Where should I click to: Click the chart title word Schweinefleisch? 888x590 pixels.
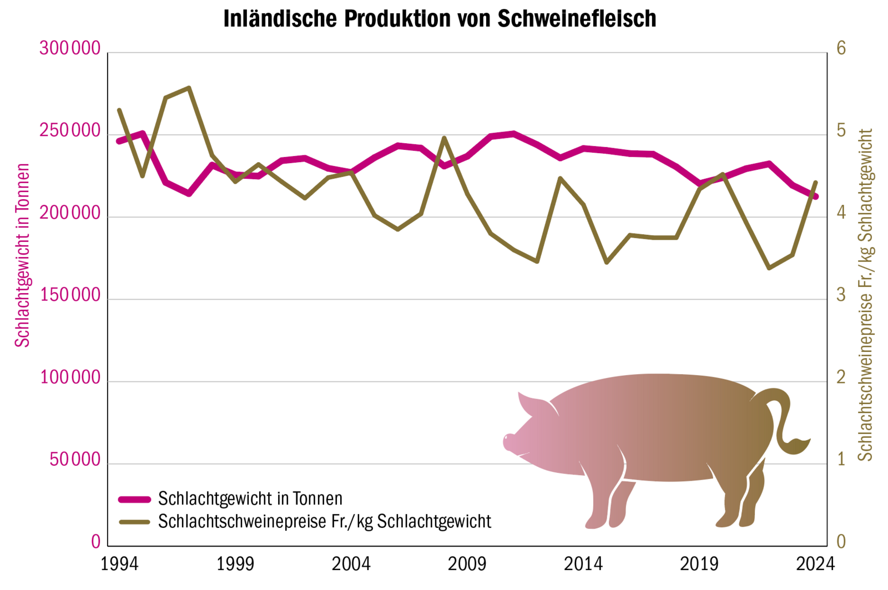point(577,19)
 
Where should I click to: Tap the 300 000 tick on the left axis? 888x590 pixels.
point(70,49)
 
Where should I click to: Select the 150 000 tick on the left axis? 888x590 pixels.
point(70,296)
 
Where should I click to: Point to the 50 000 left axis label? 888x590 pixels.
point(75,460)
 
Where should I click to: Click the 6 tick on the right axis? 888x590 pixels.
point(841,49)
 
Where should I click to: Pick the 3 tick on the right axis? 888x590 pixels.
point(841,295)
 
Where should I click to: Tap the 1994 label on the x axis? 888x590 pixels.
point(119,564)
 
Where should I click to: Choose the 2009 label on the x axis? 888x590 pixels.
point(467,564)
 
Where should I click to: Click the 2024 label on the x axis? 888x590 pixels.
point(815,564)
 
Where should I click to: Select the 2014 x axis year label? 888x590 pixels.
point(583,564)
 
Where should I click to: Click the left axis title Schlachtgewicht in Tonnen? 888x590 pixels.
point(22,255)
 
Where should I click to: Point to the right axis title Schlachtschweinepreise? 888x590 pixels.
point(865,294)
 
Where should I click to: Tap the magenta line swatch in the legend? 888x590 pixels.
point(134,500)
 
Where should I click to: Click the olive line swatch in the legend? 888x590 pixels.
point(134,522)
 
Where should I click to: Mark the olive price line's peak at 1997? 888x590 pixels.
point(189,88)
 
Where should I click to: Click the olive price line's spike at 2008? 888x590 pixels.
point(444,138)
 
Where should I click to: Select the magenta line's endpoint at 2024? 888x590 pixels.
point(815,196)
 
